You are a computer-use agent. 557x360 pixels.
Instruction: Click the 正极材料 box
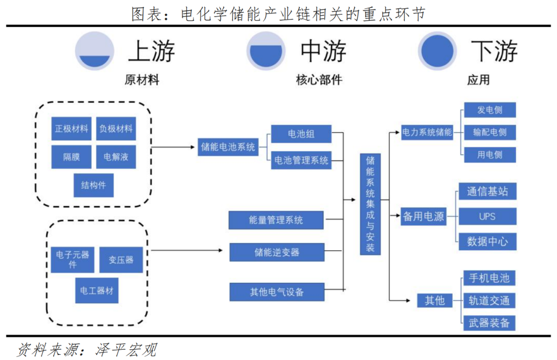tap(72, 128)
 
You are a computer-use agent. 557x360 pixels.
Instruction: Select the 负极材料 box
tap(116, 128)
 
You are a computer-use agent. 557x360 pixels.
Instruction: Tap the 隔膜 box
tap(72, 157)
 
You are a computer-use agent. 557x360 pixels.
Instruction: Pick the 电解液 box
tap(116, 157)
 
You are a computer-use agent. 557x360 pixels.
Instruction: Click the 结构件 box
tap(93, 185)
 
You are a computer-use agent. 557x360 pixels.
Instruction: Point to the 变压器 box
tap(121, 259)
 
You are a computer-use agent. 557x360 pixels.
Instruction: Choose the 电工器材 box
tap(96, 290)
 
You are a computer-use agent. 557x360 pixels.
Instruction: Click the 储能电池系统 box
tap(228, 147)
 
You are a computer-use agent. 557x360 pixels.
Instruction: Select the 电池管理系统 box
tap(301, 160)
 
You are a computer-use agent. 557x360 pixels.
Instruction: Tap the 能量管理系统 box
tap(276, 220)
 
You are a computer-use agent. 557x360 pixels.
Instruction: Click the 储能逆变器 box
tap(276, 252)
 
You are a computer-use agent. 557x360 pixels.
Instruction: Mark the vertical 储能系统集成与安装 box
tap(370, 204)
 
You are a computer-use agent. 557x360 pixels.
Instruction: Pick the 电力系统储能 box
tap(427, 132)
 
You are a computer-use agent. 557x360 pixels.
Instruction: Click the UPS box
tap(487, 216)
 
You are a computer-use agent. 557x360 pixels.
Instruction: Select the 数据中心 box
tap(487, 241)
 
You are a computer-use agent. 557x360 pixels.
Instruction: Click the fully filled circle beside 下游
tap(437, 51)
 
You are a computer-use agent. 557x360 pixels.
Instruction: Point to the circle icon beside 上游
tap(95, 51)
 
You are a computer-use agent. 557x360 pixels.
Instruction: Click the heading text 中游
tap(323, 51)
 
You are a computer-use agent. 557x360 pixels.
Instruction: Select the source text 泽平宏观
tap(126, 349)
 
